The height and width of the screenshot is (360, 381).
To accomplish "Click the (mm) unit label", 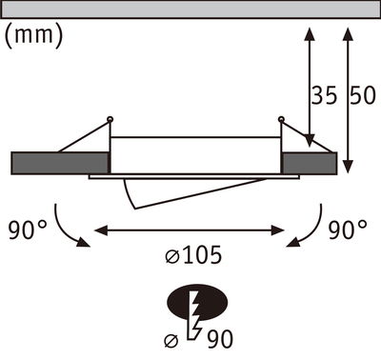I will coord(34,36).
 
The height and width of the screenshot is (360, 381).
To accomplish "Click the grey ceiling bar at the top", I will coord(190,9).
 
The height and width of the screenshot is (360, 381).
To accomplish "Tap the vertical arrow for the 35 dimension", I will coord(309,86).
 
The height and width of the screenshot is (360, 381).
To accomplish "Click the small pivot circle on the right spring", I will coord(281,119).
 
